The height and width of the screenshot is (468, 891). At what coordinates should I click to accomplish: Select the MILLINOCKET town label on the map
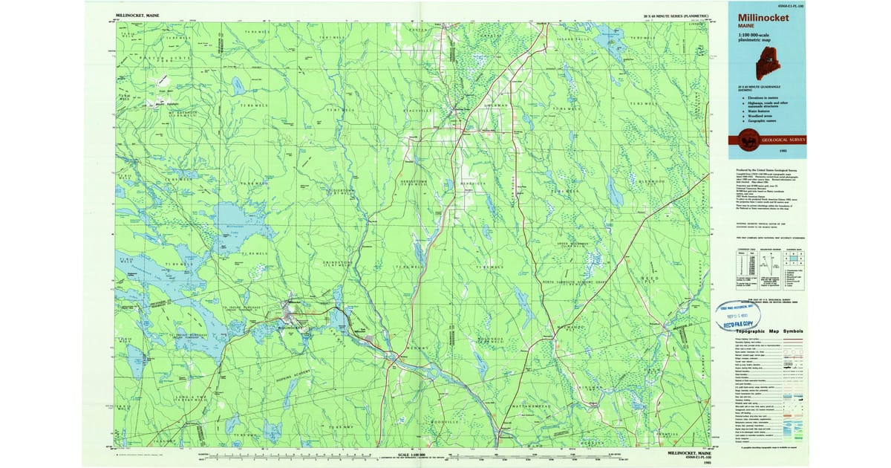(x=290, y=327)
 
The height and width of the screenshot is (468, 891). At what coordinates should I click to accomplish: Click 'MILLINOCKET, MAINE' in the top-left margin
(x=137, y=15)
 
